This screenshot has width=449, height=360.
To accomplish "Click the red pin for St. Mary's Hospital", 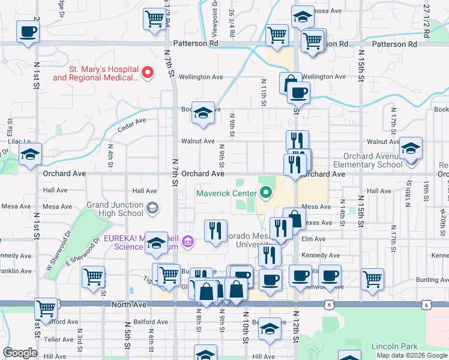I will (147, 73).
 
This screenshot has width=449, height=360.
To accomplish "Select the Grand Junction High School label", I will (114, 209).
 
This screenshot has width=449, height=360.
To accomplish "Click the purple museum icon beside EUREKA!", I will (188, 242).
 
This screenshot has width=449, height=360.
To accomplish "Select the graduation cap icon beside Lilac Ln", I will (30, 155).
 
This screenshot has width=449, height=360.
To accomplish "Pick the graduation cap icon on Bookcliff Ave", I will (203, 112).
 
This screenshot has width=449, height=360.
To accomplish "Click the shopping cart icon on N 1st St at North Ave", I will (46, 308).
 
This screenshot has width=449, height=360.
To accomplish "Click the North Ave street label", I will (129, 305).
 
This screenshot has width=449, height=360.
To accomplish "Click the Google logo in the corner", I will (20, 353).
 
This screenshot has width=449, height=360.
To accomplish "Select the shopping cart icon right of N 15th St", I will (372, 279).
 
